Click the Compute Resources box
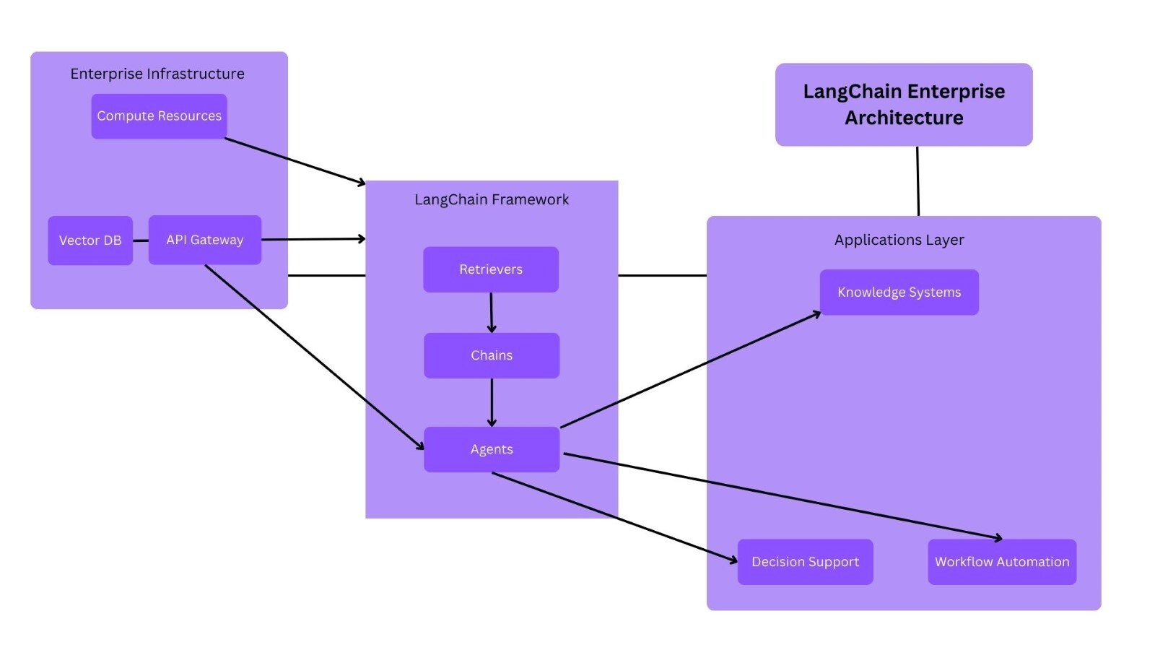[x=159, y=116]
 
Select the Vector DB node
[x=90, y=240]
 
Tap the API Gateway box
[x=204, y=240]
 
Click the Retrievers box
[x=491, y=269]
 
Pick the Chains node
[x=492, y=355]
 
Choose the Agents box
[x=492, y=449]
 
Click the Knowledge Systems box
[x=899, y=292]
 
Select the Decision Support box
[x=805, y=562]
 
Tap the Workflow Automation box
[x=1002, y=562]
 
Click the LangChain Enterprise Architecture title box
[x=904, y=105]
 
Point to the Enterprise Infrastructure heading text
[x=157, y=74]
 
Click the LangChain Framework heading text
[x=492, y=199]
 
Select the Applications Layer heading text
[x=899, y=240]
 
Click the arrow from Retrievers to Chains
[x=492, y=312]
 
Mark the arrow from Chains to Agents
[x=492, y=402]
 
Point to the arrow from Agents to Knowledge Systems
[x=689, y=370]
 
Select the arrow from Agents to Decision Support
[x=614, y=516]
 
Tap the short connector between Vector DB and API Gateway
[x=141, y=240]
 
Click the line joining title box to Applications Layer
[x=918, y=181]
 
